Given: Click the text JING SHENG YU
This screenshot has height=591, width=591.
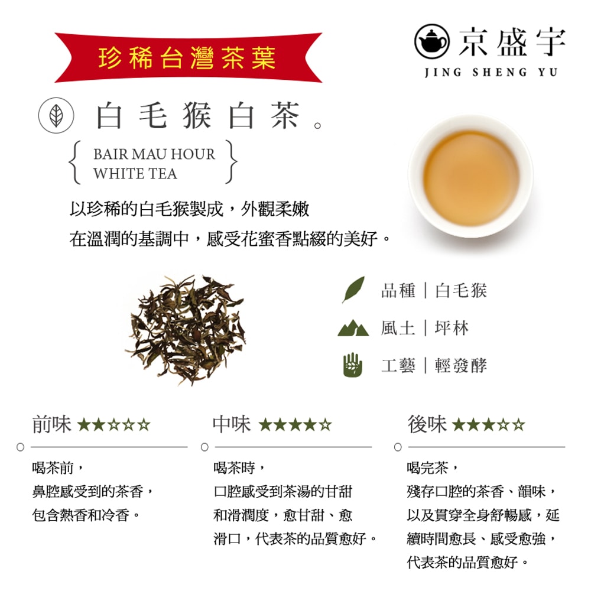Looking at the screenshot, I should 491,73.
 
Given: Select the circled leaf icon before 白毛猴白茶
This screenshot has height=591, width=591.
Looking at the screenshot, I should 56,116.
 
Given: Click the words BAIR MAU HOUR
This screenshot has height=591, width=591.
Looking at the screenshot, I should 154,154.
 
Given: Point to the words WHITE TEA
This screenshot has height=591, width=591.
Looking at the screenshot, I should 135,174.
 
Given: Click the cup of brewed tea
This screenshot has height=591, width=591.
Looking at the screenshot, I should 471,176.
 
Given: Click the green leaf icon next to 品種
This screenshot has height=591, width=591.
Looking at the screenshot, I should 353,290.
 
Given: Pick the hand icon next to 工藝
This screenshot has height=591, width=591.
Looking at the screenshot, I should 352,365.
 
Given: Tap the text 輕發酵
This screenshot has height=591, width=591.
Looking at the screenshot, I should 461,365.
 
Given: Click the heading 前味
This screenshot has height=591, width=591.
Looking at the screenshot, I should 51,424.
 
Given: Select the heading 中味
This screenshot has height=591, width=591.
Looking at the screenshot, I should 232,424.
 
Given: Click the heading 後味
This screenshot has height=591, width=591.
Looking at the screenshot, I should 427,424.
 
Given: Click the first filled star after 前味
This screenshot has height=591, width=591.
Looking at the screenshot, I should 83,424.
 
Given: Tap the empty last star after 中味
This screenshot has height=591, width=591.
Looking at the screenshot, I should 326,424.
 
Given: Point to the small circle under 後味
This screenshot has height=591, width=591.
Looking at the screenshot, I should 398,447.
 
